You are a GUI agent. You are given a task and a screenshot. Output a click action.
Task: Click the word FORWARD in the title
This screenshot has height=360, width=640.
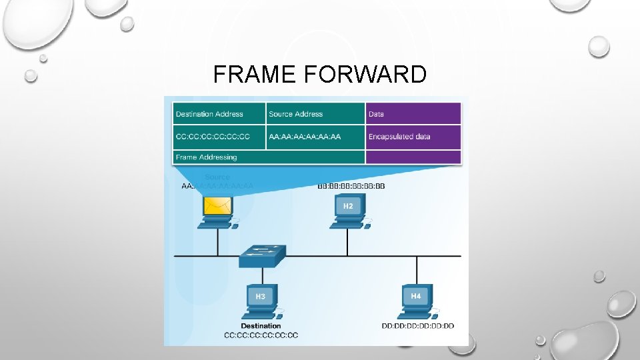pyautogui.click(x=365, y=75)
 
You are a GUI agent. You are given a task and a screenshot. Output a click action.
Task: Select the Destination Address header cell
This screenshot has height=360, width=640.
pyautogui.click(x=219, y=114)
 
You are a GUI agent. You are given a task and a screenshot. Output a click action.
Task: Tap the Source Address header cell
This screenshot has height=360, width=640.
pyautogui.click(x=315, y=114)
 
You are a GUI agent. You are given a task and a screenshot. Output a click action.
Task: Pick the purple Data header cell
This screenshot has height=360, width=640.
pyautogui.click(x=413, y=114)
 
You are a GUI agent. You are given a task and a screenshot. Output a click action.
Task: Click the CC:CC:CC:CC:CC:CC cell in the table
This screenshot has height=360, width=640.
pyautogui.click(x=219, y=137)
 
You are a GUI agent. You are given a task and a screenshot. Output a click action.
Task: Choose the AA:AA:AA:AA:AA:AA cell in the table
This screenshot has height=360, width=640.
pyautogui.click(x=315, y=137)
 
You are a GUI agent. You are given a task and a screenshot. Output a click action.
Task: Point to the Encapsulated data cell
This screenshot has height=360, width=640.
pyautogui.click(x=413, y=137)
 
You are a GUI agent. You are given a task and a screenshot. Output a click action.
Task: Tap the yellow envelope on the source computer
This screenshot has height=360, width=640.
pyautogui.click(x=217, y=207)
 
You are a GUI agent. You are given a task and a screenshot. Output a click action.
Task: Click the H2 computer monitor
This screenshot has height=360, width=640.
pyautogui.click(x=348, y=207)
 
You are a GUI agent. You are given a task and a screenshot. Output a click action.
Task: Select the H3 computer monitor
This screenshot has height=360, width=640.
pyautogui.click(x=261, y=296)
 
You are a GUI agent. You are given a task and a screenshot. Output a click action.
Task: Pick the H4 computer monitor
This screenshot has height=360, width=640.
pyautogui.click(x=416, y=295)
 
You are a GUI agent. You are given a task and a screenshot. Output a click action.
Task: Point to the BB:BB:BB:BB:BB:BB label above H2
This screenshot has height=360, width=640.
pyautogui.click(x=351, y=186)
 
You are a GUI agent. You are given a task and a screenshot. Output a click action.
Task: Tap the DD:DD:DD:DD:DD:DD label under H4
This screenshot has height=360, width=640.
pyautogui.click(x=417, y=326)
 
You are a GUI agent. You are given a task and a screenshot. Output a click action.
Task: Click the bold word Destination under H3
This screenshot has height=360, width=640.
pyautogui.click(x=261, y=326)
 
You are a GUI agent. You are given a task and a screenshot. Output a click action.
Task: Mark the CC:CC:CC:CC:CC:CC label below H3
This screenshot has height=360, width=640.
pyautogui.click(x=261, y=335)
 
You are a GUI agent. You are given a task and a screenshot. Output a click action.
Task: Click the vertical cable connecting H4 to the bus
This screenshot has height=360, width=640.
pyautogui.click(x=417, y=269)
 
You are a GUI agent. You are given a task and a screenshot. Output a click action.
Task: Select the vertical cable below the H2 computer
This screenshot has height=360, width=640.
pyautogui.click(x=347, y=241)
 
